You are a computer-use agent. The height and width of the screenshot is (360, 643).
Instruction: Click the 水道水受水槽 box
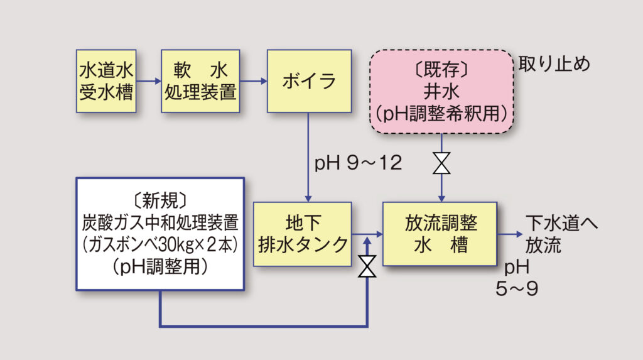106,81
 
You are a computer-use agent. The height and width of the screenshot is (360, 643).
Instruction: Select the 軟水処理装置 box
200,81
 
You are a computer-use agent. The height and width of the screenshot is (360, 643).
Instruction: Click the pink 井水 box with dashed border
442,92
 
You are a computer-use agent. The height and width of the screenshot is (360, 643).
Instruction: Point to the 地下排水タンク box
303,234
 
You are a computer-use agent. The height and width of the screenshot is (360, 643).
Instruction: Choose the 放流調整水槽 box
440,234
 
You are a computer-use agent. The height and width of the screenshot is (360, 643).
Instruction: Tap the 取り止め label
554,65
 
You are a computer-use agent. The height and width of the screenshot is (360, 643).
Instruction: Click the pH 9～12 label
358,163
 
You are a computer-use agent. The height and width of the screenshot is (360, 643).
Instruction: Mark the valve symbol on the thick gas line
367,267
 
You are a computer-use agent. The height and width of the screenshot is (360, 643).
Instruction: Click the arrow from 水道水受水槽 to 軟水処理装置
149,81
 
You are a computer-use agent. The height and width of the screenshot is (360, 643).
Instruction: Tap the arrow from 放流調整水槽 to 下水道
510,234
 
